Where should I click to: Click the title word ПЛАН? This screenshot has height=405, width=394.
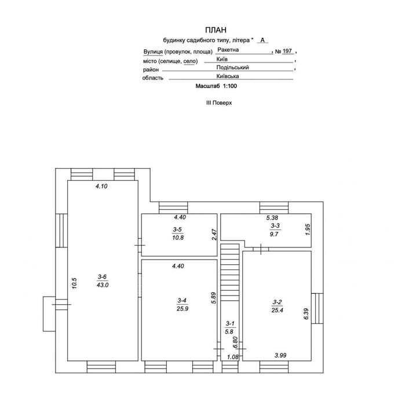216,30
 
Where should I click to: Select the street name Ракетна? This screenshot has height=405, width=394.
228,50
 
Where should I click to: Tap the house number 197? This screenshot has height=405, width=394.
287,51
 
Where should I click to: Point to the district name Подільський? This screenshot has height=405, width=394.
232,67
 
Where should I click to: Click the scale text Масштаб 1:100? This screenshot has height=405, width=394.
216,86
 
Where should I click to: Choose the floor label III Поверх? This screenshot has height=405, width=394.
219,103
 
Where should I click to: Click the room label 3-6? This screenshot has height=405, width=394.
103,277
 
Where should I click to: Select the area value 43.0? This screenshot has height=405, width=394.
103,285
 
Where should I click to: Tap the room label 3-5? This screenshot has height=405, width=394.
177,229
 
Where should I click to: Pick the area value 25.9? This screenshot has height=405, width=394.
183,308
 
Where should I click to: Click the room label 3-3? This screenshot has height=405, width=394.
275,226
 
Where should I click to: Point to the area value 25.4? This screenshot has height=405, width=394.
277,310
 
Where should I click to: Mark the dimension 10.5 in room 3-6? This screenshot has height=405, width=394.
74,283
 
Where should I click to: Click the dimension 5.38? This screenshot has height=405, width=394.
272,218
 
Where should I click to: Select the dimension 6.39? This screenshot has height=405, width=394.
307,314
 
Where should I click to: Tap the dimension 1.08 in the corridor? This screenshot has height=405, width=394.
232,357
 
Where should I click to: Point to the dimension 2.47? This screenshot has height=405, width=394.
214,235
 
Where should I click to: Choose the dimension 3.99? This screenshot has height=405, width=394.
280,355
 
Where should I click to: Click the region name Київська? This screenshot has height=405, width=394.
228,76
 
